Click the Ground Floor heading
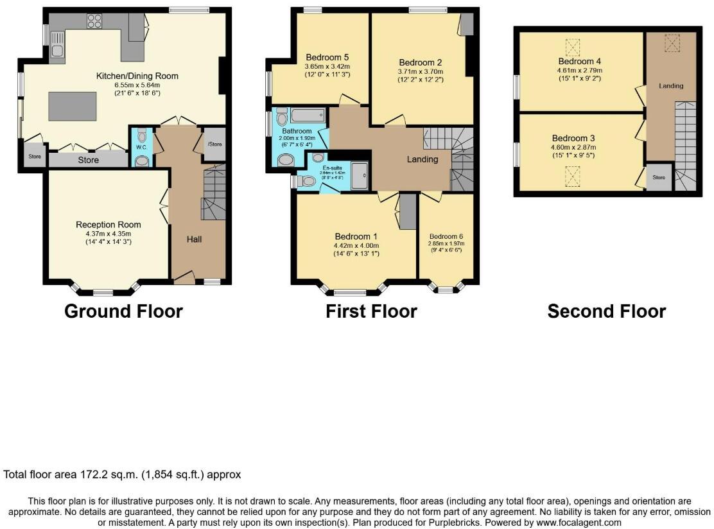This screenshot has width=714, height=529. [123, 311]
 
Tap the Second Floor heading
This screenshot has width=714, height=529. [606, 311]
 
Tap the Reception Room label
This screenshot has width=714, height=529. [109, 225]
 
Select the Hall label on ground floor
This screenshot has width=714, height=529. [194, 239]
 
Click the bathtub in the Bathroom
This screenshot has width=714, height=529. [308, 116]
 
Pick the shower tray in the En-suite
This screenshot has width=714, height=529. [360, 171]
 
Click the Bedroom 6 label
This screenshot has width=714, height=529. [446, 236]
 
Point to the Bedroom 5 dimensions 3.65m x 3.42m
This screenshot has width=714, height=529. [327, 65]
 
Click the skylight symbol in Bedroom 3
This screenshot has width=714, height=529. [571, 175]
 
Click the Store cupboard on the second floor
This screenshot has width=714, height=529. [659, 177]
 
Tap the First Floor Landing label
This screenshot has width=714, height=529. [422, 159]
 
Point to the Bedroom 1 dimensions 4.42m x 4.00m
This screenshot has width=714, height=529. [356, 245]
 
